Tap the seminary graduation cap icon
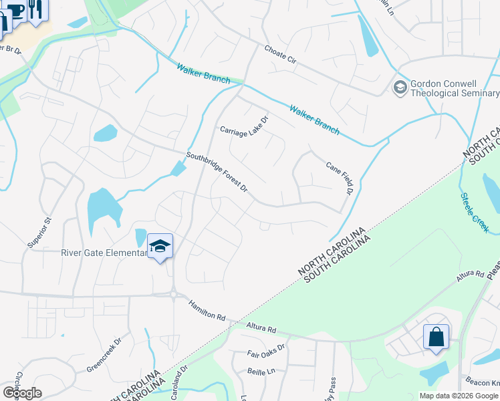click(x=400, y=87)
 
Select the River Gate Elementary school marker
click(x=160, y=247)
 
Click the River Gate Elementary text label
click(x=103, y=253)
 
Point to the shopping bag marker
click(x=436, y=338)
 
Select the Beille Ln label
click(x=261, y=371)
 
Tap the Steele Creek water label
click(x=475, y=213)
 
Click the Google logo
click(x=22, y=393)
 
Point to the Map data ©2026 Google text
click(x=459, y=396)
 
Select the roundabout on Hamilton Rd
click(x=173, y=294)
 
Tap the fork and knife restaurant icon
click(x=35, y=9)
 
